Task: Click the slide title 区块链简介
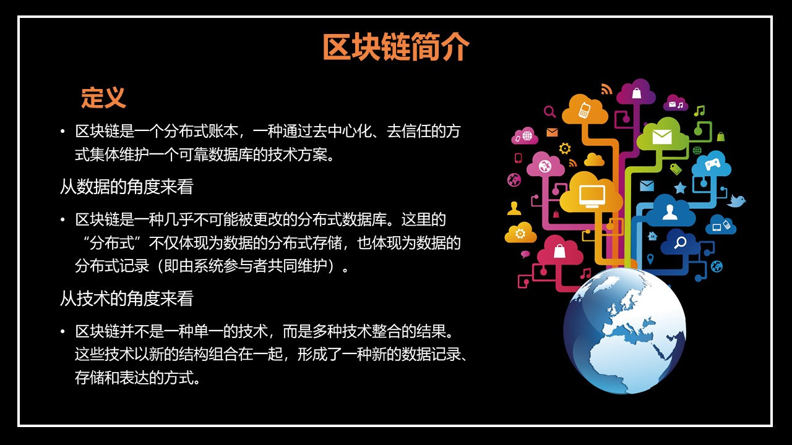[396, 48]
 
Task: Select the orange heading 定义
[103, 98]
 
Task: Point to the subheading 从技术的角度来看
[126, 299]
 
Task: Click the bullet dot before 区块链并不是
[62, 332]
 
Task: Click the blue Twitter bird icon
[736, 201]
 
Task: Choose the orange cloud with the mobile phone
[585, 110]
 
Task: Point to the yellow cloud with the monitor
[591, 195]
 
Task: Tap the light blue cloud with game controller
[712, 164]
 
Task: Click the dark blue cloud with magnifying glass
[680, 242]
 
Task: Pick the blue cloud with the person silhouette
[670, 211]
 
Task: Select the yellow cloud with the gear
[520, 233]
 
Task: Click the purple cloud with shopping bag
[636, 93]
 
